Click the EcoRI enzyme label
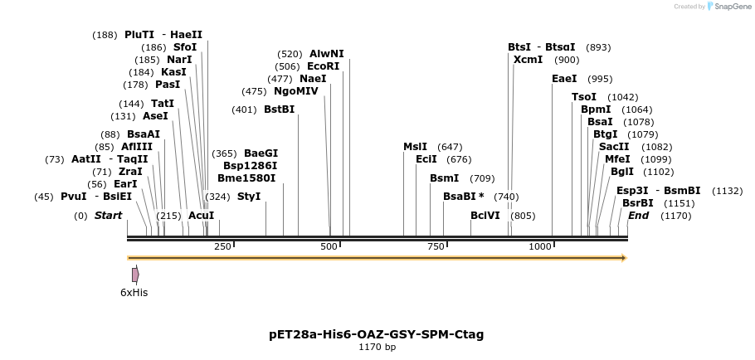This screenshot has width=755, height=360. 324,66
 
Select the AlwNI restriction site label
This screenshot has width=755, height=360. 326,54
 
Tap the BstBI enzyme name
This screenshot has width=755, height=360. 279,109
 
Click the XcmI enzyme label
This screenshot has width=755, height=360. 528,60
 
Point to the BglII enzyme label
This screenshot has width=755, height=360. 622,172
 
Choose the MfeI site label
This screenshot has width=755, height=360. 617,159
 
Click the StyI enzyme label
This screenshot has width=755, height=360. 249,197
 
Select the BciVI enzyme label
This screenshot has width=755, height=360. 485,216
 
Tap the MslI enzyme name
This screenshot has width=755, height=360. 415,147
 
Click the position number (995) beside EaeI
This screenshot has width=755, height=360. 600,79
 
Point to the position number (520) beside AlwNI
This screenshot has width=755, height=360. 290,54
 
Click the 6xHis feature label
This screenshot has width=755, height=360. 134,292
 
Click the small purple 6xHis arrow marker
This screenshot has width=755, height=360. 135,275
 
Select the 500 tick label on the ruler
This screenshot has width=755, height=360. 329,247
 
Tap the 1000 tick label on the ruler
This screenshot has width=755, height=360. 540,247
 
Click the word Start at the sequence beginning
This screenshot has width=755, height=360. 108,216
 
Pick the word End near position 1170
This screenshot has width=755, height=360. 638,216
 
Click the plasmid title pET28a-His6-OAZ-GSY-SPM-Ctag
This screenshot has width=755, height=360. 377,334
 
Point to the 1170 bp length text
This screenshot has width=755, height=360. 377,348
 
